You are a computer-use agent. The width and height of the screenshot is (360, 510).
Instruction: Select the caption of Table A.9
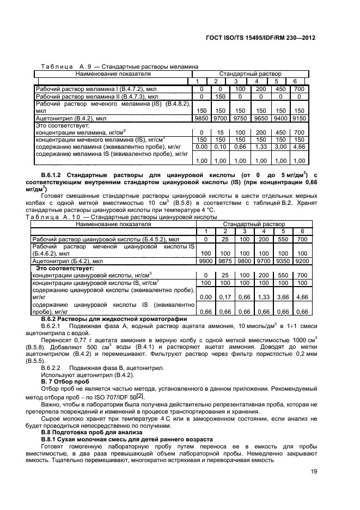pos(116,66)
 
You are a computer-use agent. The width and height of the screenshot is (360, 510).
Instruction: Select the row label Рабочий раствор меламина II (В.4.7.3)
pos(96,96)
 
